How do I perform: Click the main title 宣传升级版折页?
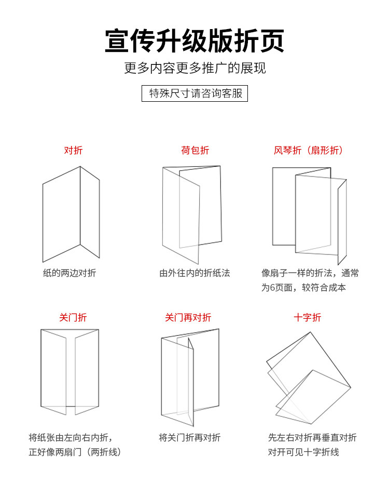coord(195,41)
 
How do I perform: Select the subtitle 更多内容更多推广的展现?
coord(195,68)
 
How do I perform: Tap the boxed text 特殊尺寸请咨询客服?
coord(195,93)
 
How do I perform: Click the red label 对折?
coord(73,151)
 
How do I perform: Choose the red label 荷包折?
coord(195,151)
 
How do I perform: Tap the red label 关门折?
coord(73,317)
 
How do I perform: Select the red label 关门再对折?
coord(188,317)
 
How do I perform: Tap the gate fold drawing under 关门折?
coord(70,372)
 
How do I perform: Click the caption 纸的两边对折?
coord(70,273)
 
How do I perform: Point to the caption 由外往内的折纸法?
coord(195,273)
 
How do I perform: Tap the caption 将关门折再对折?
coord(190,438)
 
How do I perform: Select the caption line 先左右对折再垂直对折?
coord(312,438)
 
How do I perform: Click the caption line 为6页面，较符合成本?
coord(303,288)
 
